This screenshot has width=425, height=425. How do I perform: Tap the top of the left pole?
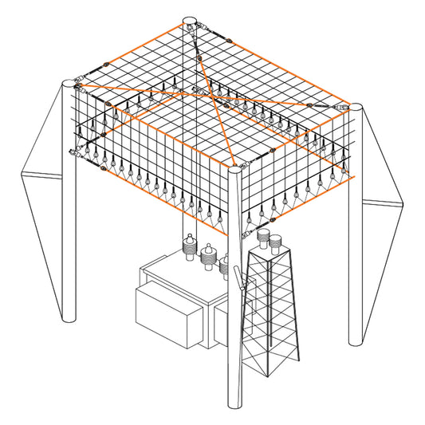pos(71,82)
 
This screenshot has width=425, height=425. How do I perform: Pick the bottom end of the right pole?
pos(356,341)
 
